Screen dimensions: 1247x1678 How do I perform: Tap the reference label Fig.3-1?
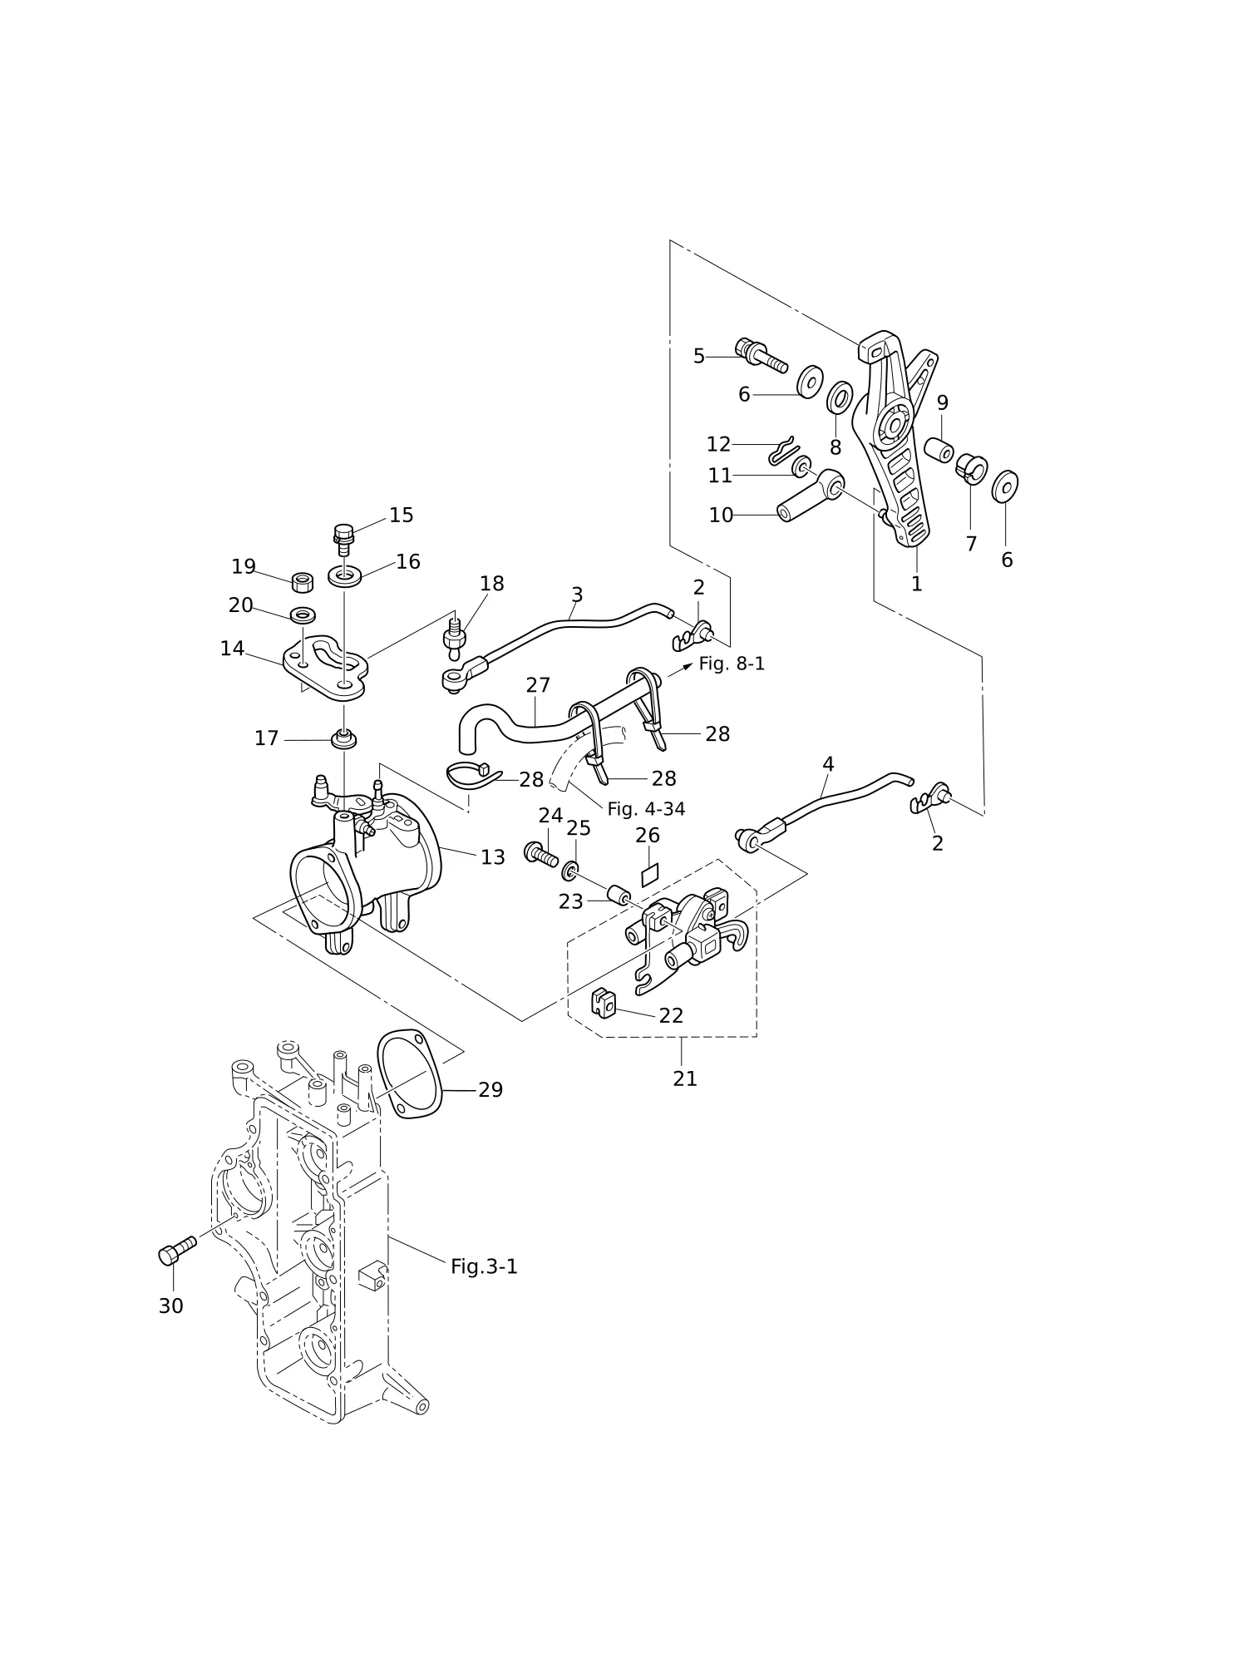coord(484,1266)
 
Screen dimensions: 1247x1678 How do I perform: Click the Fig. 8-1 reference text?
coord(732,664)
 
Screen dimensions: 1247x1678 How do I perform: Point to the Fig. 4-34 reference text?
coord(646,809)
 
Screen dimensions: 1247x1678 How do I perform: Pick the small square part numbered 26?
coord(648,874)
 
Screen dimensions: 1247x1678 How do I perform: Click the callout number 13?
coord(493,857)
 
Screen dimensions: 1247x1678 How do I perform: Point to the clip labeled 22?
coord(603,1002)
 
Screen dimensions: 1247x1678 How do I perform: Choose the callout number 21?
coord(685,1078)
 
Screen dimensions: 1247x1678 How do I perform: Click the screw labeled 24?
coord(540,854)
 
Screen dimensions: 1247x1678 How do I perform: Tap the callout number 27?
coord(538,685)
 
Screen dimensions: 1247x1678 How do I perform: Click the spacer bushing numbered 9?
coord(939,449)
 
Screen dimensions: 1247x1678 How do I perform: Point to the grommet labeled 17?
coord(343,738)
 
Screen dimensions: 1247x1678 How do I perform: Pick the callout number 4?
coord(828,764)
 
